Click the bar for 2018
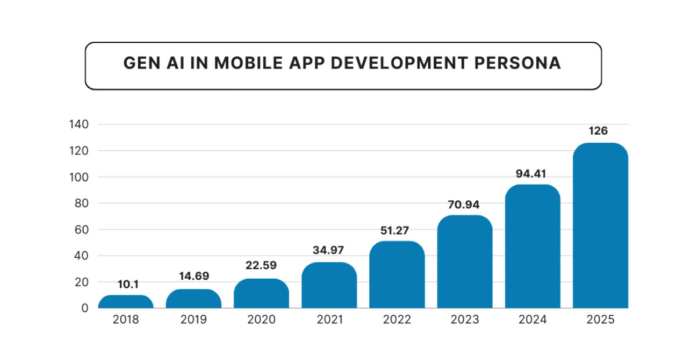[x=126, y=301]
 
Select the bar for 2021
[x=329, y=285]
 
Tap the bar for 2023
[x=465, y=262]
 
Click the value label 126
[x=598, y=131]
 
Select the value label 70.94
[x=465, y=204]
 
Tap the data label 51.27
[x=397, y=231]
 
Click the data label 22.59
[x=261, y=265]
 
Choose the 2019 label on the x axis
[x=193, y=320]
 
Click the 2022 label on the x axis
[x=397, y=320]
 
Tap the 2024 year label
[x=533, y=320]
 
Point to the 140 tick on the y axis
[x=78, y=124]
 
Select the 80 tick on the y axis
[x=81, y=203]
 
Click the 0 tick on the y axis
[x=85, y=308]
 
